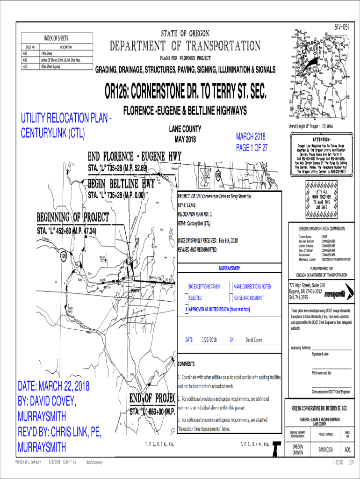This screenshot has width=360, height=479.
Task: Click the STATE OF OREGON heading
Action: [185, 34]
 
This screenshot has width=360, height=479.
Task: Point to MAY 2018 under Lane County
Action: [185, 140]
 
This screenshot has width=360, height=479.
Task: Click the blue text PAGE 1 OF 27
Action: [252, 148]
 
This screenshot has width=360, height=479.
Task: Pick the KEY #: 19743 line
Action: [193, 204]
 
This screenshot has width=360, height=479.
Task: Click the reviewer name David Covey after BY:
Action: [255, 340]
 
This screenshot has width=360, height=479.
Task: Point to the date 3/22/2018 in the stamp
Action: [209, 340]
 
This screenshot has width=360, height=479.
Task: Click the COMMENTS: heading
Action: [187, 363]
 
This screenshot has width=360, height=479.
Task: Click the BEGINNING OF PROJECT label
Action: [73, 218]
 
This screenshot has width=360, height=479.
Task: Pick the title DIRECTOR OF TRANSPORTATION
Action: [332, 259]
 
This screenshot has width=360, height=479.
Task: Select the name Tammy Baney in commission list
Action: [305, 238]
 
